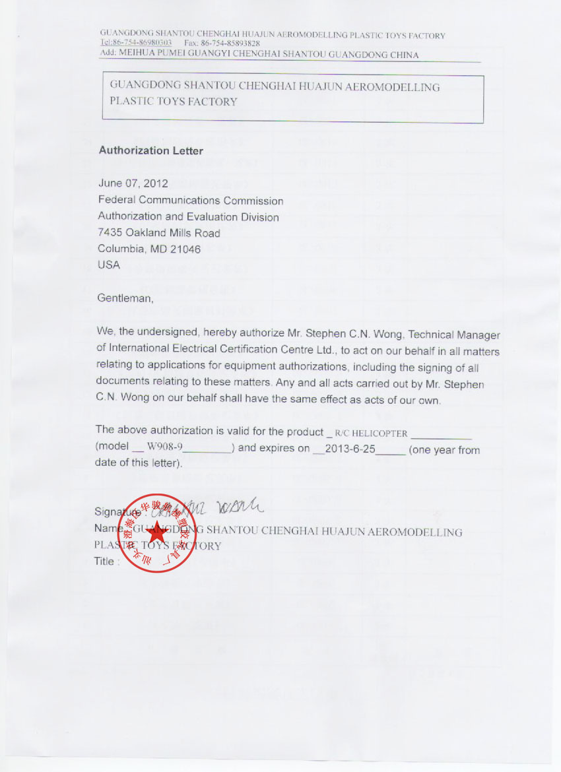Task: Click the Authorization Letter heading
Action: pos(150,150)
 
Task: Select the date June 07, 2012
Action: pos(133,183)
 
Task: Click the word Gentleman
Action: pos(125,298)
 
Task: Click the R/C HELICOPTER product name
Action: pos(371,434)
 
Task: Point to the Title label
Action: pos(107,562)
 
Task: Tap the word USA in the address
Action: pos(109,265)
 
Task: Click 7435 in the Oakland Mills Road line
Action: pos(110,233)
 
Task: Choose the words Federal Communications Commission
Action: pos(190,201)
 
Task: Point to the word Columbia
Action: pos(119,249)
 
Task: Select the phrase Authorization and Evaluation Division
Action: pos(188,217)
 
